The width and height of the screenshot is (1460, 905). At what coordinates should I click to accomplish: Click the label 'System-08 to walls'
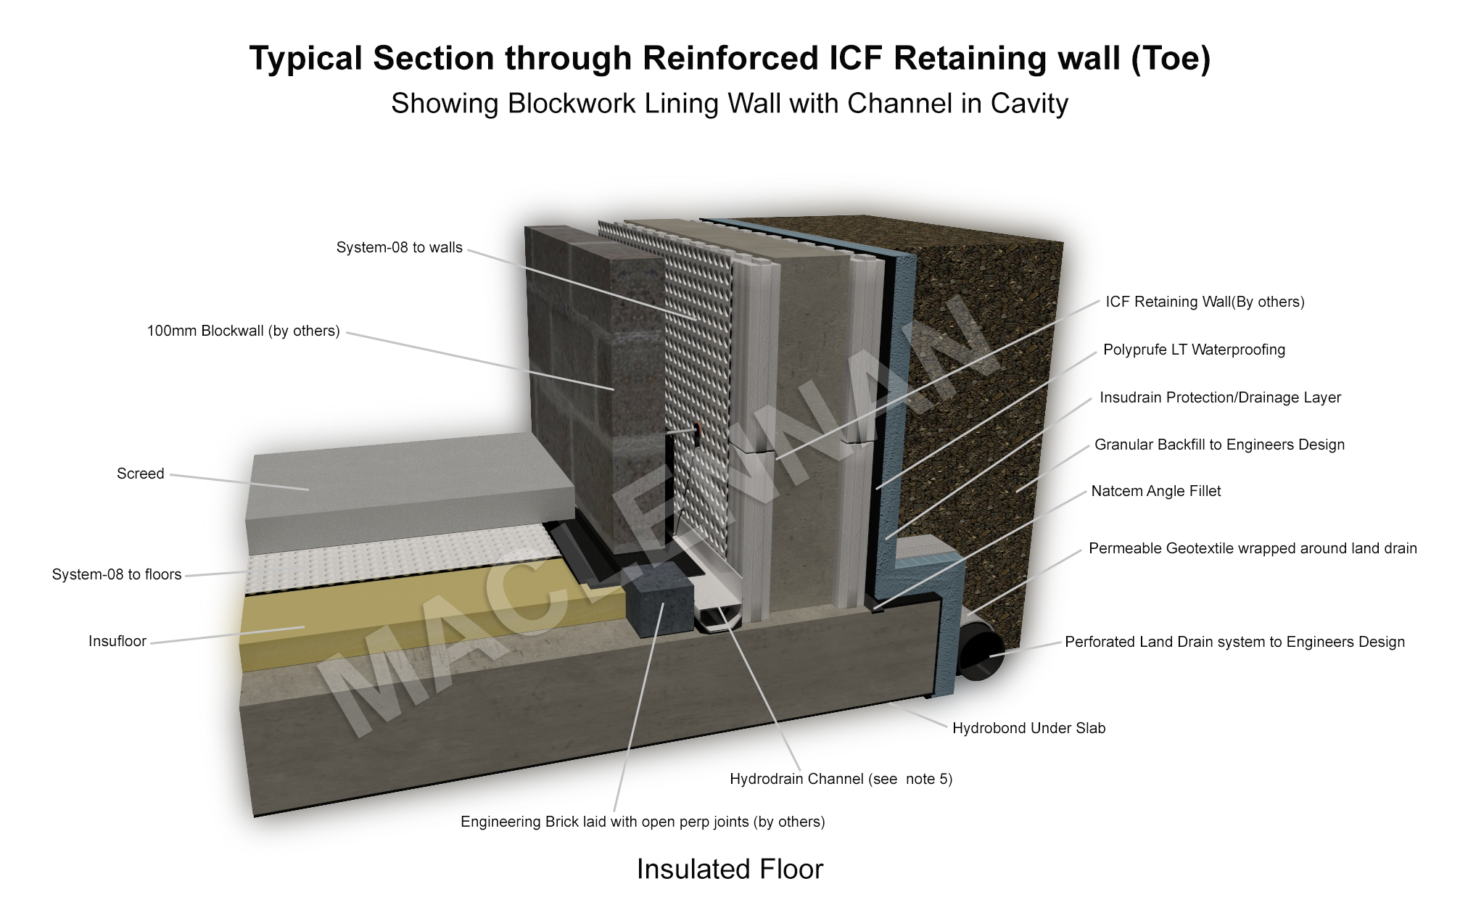pos(399,248)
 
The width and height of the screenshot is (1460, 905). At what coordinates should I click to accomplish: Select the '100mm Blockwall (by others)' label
pos(243,331)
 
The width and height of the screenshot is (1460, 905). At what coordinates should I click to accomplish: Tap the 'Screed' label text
pos(140,474)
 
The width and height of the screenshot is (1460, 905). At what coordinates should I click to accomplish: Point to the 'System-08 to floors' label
pos(117,575)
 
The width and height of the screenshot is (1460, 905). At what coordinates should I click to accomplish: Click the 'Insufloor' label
pos(117,642)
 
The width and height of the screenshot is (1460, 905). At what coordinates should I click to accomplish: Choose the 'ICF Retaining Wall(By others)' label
pos(1205,302)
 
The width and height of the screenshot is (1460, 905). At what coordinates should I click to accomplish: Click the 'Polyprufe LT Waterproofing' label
pos(1194,350)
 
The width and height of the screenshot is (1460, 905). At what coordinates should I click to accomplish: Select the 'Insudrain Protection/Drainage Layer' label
pos(1220,398)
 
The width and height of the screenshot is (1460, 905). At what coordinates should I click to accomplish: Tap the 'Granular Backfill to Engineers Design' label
pos(1219,445)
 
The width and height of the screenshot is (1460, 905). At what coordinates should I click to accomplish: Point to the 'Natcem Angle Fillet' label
pos(1155,492)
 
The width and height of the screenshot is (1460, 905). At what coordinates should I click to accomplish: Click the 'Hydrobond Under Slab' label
pos(1028,729)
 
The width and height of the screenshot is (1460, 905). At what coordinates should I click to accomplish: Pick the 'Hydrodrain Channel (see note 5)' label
pos(841,780)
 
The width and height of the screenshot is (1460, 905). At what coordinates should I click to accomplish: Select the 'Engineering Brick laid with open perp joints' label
pos(643,822)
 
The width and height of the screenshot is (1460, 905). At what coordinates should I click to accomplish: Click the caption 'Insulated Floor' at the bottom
pos(730,869)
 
